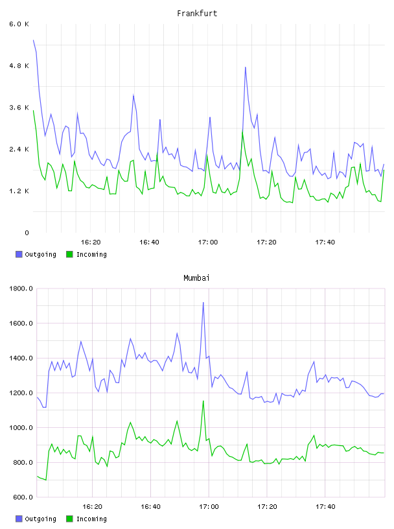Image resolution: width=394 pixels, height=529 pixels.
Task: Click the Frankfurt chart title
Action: tap(197, 14)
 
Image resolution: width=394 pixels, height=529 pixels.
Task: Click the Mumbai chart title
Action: tap(196, 278)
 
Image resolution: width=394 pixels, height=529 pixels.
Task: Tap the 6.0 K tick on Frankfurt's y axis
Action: tap(19, 24)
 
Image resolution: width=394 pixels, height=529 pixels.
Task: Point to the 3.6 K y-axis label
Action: tap(19, 108)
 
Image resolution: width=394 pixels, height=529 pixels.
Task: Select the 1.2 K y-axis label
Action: tap(19, 191)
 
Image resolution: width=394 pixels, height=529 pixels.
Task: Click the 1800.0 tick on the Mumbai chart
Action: tap(21, 288)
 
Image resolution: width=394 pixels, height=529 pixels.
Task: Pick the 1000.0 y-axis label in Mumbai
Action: tap(21, 427)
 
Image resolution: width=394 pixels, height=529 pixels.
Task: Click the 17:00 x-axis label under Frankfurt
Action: tap(208, 242)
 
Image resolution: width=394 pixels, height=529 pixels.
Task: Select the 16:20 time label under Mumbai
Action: tap(92, 506)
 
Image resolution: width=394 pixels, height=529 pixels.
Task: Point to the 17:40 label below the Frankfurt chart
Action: tap(325, 242)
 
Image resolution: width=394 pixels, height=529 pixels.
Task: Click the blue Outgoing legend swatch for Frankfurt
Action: tap(19, 254)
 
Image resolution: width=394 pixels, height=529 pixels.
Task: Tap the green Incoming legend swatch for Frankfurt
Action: tap(69, 254)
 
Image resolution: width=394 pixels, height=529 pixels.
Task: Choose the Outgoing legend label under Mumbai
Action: tap(40, 519)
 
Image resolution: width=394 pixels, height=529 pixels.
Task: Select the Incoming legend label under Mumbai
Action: tap(91, 519)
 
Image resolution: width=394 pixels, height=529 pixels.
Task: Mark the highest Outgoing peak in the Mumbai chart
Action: tap(203, 302)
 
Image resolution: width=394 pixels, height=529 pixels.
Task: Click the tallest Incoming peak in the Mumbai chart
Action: tap(203, 401)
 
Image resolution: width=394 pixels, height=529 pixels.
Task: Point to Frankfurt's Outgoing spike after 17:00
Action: tap(245, 67)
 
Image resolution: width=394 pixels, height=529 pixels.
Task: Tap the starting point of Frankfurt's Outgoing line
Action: tap(34, 40)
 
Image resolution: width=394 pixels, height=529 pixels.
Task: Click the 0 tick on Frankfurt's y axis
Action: tap(27, 233)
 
